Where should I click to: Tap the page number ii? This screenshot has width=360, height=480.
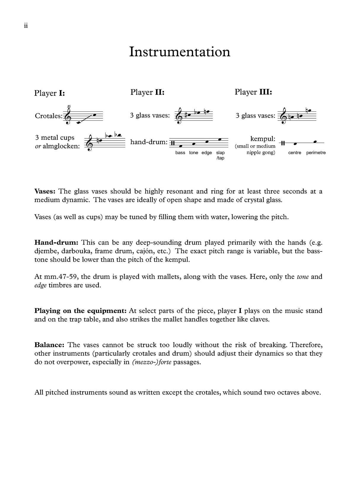(26, 26)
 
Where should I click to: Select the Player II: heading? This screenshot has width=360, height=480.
(147, 92)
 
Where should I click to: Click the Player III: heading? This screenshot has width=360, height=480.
(253, 92)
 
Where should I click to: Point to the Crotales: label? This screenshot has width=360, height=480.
(49, 116)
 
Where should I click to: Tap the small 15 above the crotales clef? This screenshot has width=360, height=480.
(69, 106)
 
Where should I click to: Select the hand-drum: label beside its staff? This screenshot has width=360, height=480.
(149, 142)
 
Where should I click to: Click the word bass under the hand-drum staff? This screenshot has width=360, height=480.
(180, 153)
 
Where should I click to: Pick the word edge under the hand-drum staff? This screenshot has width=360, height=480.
(207, 153)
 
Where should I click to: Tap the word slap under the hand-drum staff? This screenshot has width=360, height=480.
(220, 153)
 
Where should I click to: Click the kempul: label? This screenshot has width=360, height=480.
(263, 139)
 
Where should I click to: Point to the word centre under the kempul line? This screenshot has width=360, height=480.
(294, 153)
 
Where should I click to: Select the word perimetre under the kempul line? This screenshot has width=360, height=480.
(316, 153)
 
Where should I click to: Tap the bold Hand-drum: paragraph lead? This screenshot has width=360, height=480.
(56, 243)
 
